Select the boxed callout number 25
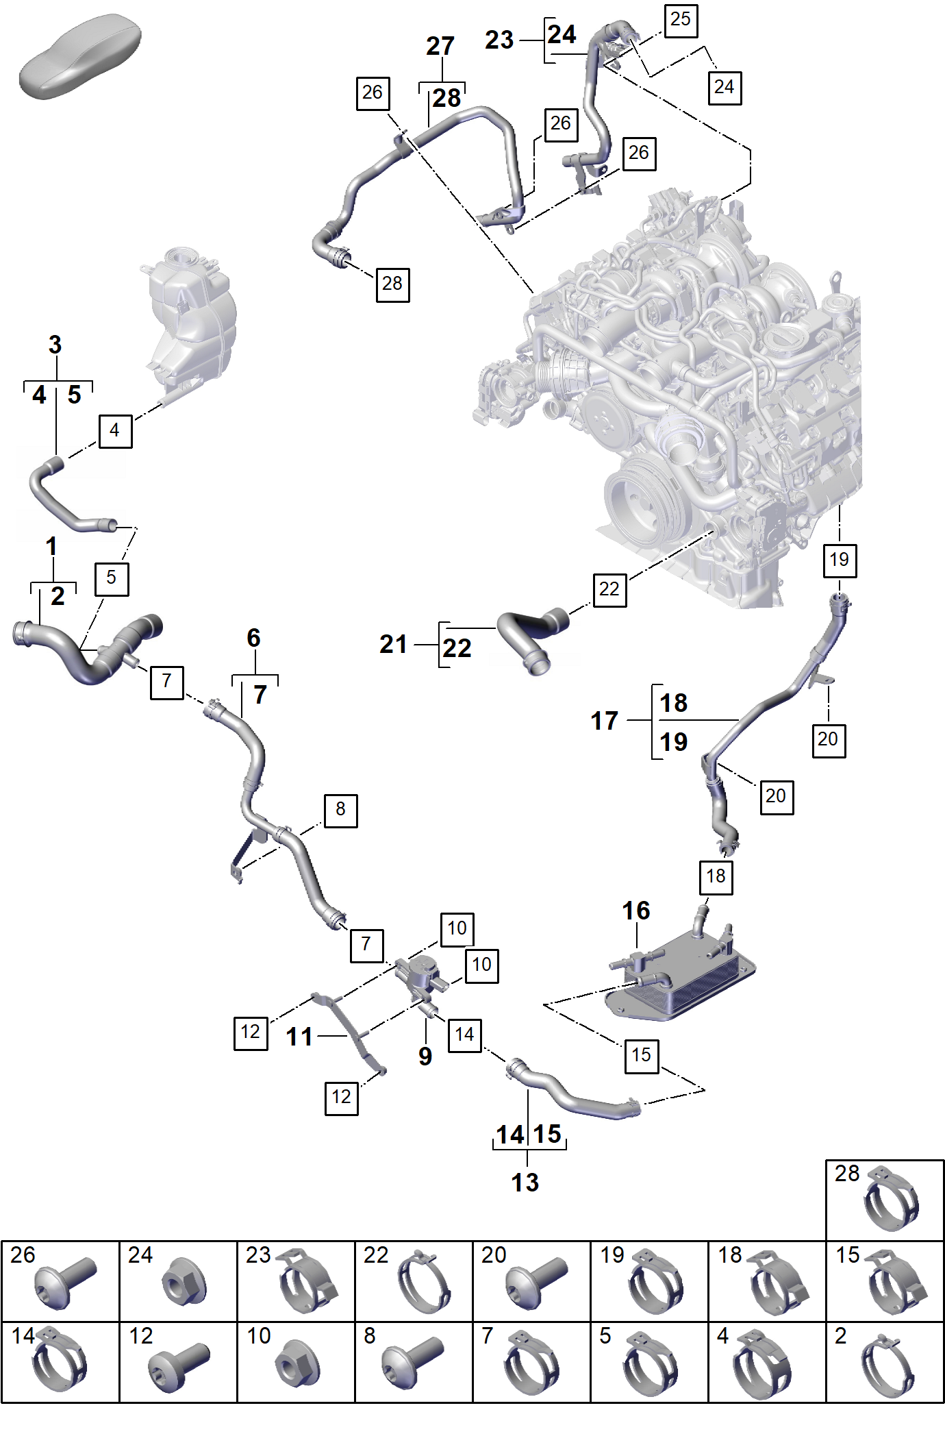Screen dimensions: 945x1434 click(x=681, y=20)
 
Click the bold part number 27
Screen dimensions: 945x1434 click(x=440, y=47)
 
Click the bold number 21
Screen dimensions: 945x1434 click(x=394, y=644)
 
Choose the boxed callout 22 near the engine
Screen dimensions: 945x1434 click(x=609, y=589)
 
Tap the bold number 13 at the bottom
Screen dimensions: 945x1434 click(x=525, y=1183)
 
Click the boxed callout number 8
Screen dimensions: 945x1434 click(x=340, y=811)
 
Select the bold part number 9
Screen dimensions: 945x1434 click(x=425, y=1056)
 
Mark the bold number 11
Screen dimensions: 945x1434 click(x=299, y=1037)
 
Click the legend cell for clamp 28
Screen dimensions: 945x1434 click(x=885, y=1200)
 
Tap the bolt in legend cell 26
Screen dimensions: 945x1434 click(x=64, y=1282)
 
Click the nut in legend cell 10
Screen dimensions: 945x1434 click(x=297, y=1362)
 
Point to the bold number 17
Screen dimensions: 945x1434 click(x=605, y=721)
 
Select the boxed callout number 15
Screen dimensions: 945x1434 click(x=642, y=1055)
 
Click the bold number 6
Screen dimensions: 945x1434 click(x=253, y=638)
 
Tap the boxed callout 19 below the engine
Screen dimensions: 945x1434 click(x=840, y=560)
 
